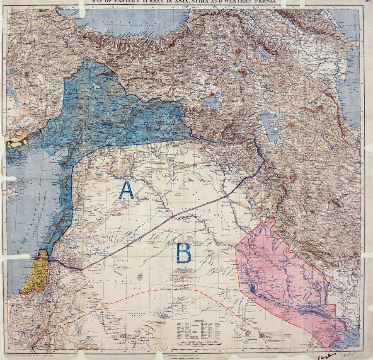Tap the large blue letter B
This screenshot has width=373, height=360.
pos(184,253)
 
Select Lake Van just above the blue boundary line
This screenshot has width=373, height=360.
pos(212,102)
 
